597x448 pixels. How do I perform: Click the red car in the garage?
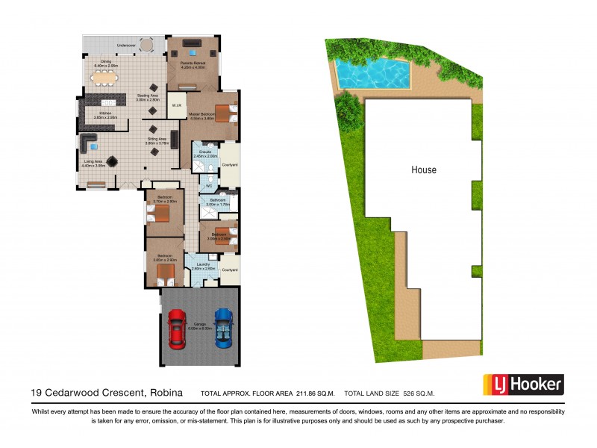177,329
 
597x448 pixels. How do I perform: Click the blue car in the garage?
224,329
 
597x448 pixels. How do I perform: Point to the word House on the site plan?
424,170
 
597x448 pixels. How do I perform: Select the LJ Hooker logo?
522,385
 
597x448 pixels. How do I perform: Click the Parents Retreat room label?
193,65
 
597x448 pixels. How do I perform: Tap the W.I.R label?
176,105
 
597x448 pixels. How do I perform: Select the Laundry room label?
201,265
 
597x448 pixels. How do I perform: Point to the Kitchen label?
101,114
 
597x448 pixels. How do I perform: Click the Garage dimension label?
200,326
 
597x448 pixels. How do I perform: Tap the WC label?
209,186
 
